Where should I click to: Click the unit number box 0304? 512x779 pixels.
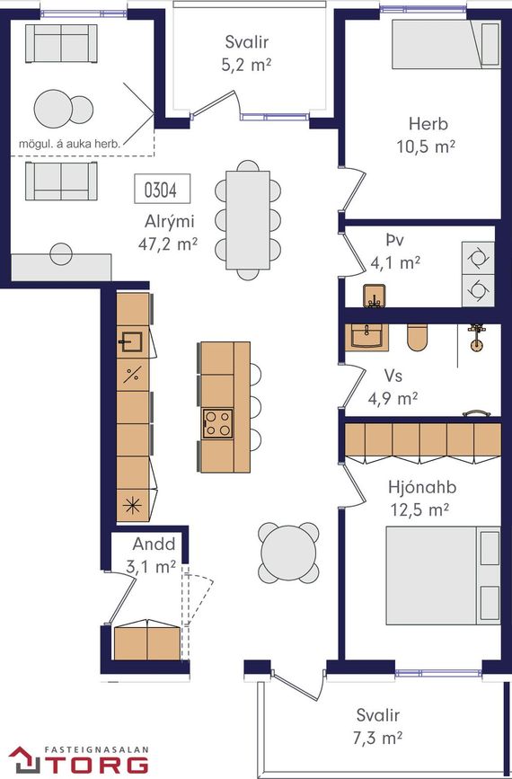click(163, 189)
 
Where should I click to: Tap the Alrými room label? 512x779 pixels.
click(169, 222)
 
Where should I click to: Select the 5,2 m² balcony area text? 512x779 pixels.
click(246, 66)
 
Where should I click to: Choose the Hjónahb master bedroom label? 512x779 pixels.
click(422, 487)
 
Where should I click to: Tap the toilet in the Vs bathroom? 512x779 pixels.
click(417, 337)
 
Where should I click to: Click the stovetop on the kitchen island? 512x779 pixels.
click(217, 423)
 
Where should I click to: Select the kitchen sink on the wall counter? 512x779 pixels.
click(130, 341)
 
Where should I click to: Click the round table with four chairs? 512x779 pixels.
click(288, 553)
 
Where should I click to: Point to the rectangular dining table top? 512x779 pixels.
click(248, 220)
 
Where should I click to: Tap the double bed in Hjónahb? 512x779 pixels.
click(444, 575)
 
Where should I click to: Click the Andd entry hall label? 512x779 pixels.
click(154, 544)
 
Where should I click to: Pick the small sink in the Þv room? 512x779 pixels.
click(375, 297)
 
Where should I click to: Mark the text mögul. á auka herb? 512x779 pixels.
click(69, 145)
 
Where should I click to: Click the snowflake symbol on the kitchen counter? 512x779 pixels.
click(132, 506)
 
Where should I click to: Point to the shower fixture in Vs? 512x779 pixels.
click(477, 337)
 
